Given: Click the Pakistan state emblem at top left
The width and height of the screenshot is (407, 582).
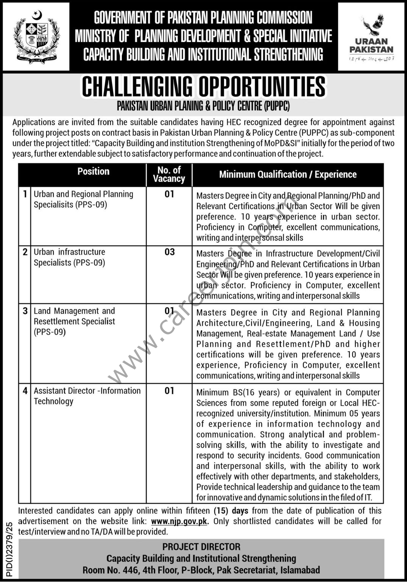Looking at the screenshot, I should pos(36,37).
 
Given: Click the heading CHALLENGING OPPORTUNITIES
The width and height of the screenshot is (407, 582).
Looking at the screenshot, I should pos(203,86).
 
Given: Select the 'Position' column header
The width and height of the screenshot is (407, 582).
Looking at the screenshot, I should pos(93,172).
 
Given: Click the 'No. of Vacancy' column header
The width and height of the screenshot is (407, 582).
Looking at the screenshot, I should pos(169,175).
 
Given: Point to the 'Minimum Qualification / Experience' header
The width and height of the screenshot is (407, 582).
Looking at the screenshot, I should pos(288,175).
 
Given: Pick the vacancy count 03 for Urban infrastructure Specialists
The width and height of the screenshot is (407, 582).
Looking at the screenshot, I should pos(169,252).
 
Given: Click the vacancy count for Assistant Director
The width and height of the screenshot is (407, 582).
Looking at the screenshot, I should pos(169,391).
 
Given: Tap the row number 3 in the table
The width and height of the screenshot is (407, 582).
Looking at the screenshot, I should pos(25,311).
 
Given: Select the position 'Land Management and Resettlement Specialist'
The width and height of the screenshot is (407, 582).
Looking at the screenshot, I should pos(74,321).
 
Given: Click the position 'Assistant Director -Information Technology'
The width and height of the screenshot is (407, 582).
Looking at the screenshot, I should pos(87,396).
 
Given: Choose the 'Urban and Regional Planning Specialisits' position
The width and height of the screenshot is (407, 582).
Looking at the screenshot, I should pos(83,199).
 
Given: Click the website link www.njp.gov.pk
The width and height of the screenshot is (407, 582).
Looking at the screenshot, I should pos(179,521).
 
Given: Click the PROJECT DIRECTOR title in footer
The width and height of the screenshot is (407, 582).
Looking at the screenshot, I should pos(201,547).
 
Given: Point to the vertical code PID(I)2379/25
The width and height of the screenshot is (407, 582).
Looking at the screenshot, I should pos(9,549).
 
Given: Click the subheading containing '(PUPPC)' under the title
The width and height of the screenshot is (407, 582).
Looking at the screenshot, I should pos(203,106).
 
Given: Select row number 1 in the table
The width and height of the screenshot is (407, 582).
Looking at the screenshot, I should pos(25,194).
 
